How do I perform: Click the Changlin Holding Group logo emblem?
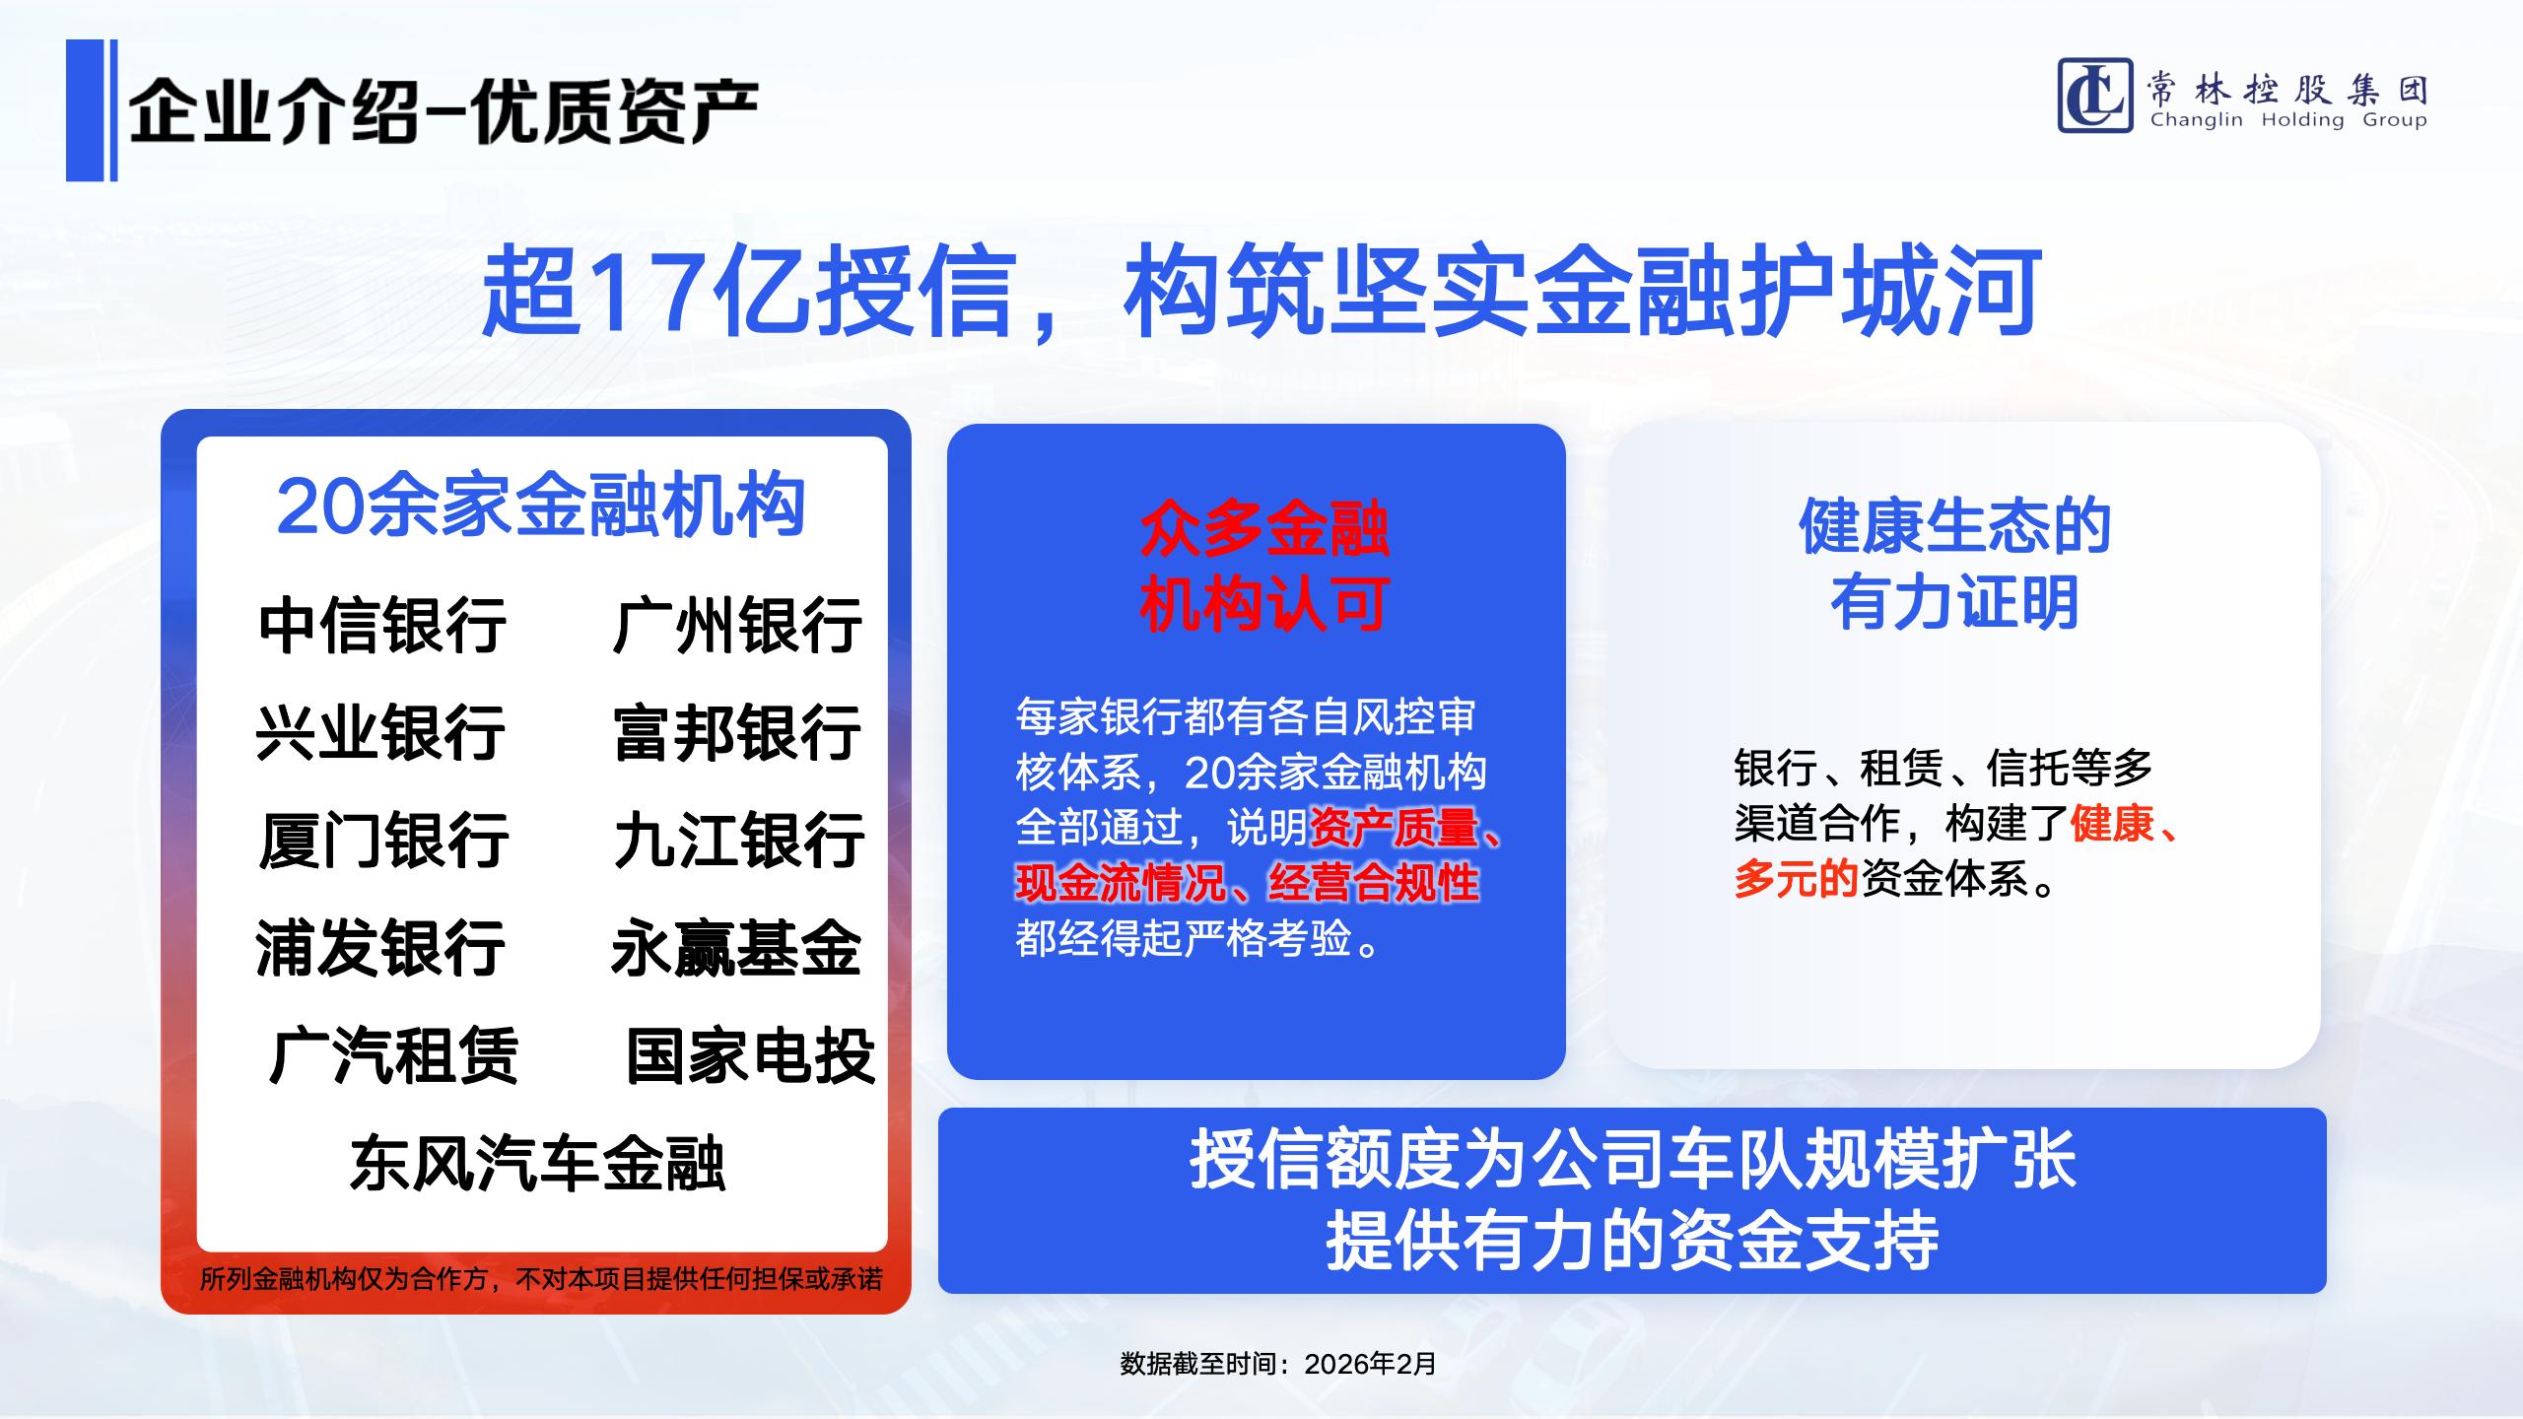[x=2094, y=96]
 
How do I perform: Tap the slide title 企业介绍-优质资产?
[x=443, y=110]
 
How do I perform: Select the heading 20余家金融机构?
[x=541, y=507]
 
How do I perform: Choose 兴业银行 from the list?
[x=380, y=732]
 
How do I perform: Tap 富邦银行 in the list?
[x=737, y=732]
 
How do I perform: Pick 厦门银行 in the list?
[x=383, y=840]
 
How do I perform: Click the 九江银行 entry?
[x=739, y=840]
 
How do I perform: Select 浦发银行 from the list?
[x=380, y=948]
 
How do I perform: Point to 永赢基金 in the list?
[x=736, y=948]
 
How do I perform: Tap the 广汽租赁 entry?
[x=393, y=1055]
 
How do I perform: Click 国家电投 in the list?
[x=751, y=1055]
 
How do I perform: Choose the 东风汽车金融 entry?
[x=538, y=1164]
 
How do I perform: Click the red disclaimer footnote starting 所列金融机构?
[x=541, y=1279]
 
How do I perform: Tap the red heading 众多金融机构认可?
[x=1264, y=567]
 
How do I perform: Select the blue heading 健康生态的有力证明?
[x=1955, y=564]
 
